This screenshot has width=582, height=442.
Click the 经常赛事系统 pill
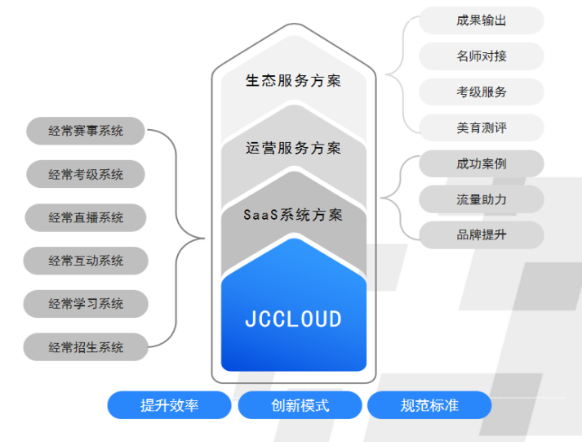tap(86, 130)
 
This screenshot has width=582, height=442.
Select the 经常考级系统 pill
tap(86, 174)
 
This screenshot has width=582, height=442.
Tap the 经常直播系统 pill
tap(86, 217)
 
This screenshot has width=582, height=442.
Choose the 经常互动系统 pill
tap(86, 261)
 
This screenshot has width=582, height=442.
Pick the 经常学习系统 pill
tap(86, 304)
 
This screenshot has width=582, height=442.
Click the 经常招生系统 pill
tap(86, 347)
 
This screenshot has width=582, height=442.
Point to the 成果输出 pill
tap(482, 20)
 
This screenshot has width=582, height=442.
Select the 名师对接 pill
tap(482, 56)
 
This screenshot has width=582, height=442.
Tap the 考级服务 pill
tap(482, 92)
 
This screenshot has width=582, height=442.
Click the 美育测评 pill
tap(482, 127)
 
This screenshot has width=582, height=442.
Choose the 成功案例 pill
tap(482, 163)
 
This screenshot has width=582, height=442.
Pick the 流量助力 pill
tap(482, 199)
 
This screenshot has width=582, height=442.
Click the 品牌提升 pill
tap(482, 234)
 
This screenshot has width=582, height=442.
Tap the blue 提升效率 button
tap(170, 405)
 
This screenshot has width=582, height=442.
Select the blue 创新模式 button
tap(300, 405)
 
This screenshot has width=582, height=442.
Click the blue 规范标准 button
tap(429, 405)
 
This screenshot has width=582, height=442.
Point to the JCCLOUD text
tap(293, 319)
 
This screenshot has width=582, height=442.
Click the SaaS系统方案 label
tap(293, 215)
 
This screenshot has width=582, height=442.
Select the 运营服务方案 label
tap(293, 148)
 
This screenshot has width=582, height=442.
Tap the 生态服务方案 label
tap(293, 80)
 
